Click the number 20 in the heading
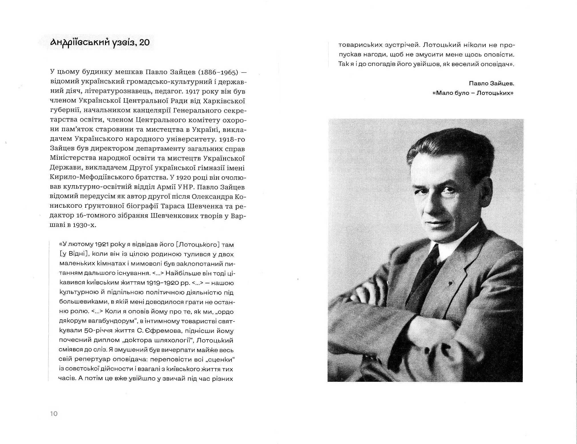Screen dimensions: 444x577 [x=143, y=43]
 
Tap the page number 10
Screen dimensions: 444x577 [x=54, y=413]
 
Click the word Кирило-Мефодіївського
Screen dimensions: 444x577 [x=89, y=177]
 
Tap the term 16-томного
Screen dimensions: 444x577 [x=94, y=216]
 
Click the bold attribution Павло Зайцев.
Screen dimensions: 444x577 [x=491, y=83]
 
